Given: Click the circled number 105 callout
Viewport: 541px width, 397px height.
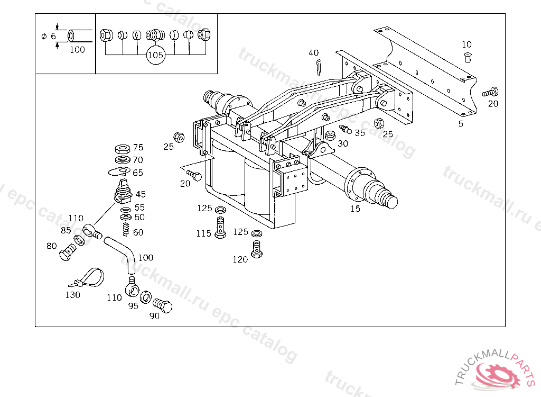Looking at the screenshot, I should coord(155,55).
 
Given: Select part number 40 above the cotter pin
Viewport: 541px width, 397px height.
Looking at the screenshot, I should coord(314,53).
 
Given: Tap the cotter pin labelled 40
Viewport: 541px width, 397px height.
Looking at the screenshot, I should coord(319,67).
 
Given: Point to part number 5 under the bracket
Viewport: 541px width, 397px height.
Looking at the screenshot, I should coord(461,124).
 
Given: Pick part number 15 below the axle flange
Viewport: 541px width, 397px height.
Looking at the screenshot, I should coord(356,209).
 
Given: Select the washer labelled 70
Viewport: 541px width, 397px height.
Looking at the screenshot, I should coord(123,160).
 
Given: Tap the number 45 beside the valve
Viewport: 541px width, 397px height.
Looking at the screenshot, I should coord(141,194).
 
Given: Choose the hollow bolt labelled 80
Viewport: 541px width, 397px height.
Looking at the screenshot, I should coord(67,254).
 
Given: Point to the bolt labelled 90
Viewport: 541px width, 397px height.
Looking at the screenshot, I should coord(163,306).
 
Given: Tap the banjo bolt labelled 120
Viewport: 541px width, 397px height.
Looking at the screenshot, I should coord(257,249).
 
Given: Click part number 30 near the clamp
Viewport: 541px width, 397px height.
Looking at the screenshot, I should coord(343,143).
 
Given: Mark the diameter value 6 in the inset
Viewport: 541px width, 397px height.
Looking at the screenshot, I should coord(53,35).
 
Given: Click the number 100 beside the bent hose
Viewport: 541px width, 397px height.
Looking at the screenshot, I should coord(146,258).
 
